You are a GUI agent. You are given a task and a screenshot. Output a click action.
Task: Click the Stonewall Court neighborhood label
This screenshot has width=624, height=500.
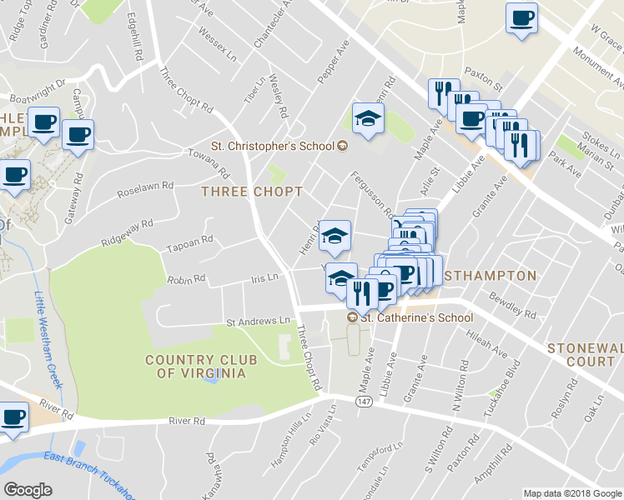coord(585,354)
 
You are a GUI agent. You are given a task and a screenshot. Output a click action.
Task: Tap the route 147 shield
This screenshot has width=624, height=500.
coord(363,402)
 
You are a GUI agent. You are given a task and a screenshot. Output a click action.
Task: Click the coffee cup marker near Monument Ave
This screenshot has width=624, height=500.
coord(521,18)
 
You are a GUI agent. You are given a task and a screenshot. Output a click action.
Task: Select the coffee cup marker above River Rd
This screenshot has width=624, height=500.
coord(13,417)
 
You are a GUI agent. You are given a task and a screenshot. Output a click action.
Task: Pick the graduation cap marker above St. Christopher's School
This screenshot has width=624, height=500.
coord(367,119)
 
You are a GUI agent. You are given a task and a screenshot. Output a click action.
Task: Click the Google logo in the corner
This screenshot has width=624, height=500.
coord(28,490)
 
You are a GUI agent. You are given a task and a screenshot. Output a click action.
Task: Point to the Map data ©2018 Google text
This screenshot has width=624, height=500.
coord(571,493)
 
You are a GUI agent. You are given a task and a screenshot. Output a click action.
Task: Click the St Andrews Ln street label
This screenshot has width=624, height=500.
coord(259,321)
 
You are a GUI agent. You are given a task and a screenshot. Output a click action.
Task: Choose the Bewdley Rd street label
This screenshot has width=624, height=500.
coord(514,306)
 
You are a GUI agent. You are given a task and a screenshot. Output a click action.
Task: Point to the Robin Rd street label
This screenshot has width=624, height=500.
coord(185,279)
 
